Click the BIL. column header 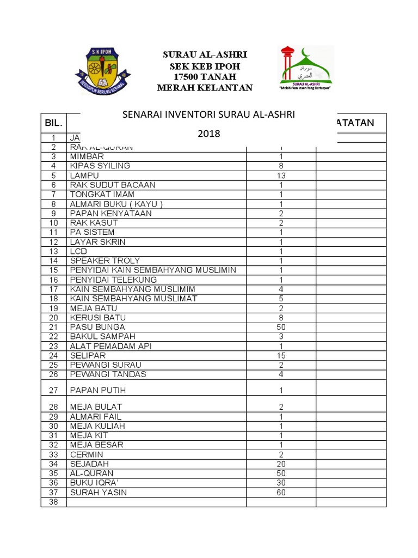click(53, 124)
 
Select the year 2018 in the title click(209, 133)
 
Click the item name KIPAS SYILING click(100, 166)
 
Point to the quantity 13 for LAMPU click(281, 175)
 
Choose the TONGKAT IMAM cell click(102, 195)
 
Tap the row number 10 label click(53, 223)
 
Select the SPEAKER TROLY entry click(104, 261)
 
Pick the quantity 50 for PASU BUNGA click(281, 326)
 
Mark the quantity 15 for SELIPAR click(281, 355)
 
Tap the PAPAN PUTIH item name click(96, 390)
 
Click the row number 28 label click(53, 407)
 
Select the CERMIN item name click(85, 454)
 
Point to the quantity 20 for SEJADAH click(281, 464)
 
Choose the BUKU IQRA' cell click(93, 483)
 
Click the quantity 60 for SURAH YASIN click(281, 493)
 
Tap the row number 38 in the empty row click(53, 502)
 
